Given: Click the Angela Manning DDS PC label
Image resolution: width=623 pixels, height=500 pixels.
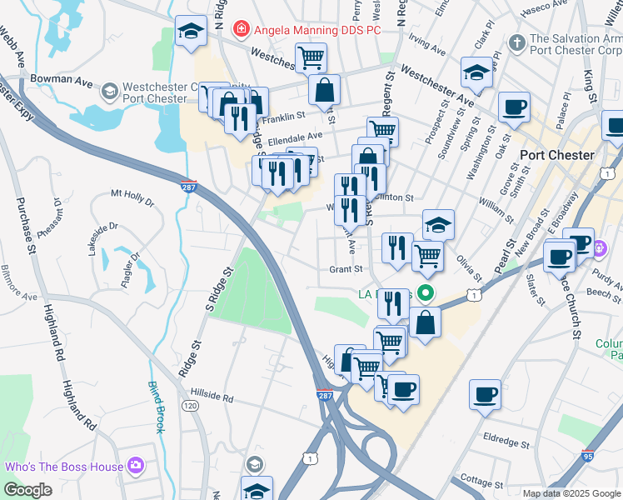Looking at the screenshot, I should [x=317, y=29].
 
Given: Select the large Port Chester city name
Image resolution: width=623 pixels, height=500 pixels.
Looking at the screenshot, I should [x=556, y=155].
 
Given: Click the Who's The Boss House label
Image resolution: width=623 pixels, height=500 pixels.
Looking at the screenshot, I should [x=63, y=466].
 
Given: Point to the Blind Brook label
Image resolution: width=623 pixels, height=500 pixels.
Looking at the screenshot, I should [x=156, y=407].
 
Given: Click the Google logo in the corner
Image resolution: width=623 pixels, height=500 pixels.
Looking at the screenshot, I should [x=27, y=490].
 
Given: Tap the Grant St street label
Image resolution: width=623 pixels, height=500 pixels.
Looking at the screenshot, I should [x=346, y=269].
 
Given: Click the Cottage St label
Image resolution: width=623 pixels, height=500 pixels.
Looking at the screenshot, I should [x=477, y=482].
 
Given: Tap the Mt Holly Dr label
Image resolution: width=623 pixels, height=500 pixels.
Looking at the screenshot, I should [x=132, y=197].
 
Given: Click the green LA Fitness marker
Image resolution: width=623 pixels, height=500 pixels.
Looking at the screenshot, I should [x=426, y=293].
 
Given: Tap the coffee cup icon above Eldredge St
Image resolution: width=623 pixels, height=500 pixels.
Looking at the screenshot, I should [x=485, y=395].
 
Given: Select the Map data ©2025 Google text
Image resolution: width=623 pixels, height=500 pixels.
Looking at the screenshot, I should [x=571, y=493].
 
